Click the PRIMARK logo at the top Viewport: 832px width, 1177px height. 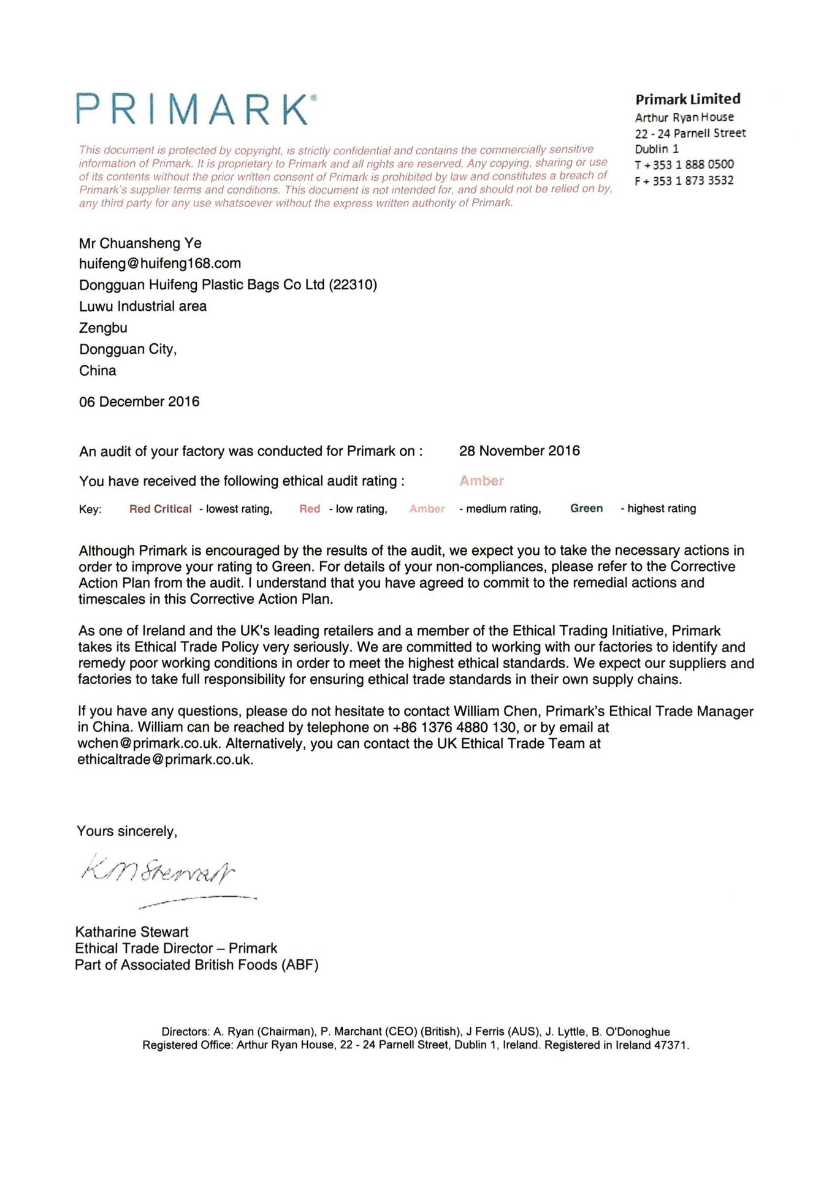tap(196, 110)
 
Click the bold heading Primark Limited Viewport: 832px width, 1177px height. tap(687, 99)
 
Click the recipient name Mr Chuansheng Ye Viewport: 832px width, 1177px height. tap(140, 243)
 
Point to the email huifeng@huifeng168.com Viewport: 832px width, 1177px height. tap(160, 264)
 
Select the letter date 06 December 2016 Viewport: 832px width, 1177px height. tap(139, 402)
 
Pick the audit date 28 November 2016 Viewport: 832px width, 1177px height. tap(519, 451)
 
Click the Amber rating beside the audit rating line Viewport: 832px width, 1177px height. tap(482, 481)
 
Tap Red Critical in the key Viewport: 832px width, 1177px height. tap(160, 509)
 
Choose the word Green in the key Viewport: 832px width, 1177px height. tap(586, 508)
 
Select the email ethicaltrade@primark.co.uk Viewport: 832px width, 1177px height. tap(164, 760)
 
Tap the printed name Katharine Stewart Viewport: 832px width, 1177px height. tap(132, 932)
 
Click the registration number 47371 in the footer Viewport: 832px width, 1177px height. tap(670, 1045)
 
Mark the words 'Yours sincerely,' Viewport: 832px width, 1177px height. tap(127, 831)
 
